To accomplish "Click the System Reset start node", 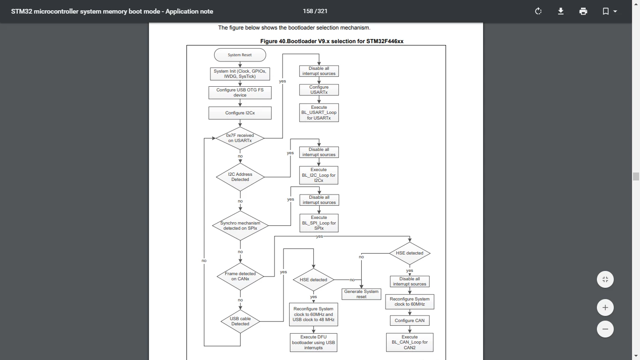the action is pos(240,55).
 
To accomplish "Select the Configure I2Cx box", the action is pos(240,113).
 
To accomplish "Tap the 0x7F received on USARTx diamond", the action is pos(240,138).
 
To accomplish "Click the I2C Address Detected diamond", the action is pos(240,177).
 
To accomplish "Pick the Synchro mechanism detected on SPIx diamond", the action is pos(240,225).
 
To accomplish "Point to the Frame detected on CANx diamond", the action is pos(240,276).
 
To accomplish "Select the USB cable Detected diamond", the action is pos(240,322).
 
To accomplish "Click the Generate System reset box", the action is pos(361,294).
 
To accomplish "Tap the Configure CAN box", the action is pos(409,321).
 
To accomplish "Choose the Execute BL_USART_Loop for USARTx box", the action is pos(319,112).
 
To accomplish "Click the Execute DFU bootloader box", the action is pos(313,342).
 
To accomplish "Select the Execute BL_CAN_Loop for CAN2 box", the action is pos(409,342).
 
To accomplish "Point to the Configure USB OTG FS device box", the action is pos(240,93).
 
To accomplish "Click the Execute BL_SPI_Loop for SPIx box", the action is pos(319,223).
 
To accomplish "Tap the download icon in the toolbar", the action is pos(560,11).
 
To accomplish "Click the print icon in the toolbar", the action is pos(583,11).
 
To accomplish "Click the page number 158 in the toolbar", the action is pos(308,11).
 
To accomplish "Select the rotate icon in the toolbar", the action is pos(538,11).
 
